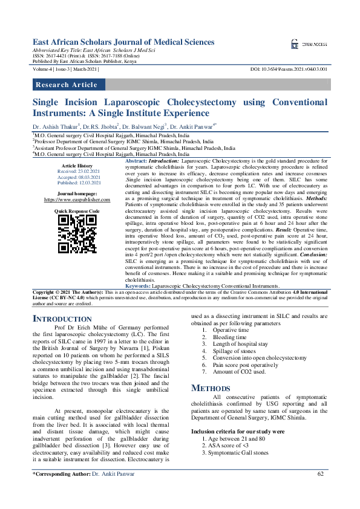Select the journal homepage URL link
pyautogui.click(x=77, y=199)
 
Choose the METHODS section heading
pyautogui.click(x=211, y=387)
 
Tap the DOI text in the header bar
pyautogui.click(x=288, y=70)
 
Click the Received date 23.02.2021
pyautogui.click(x=77, y=171)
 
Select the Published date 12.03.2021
pyautogui.click(x=77, y=182)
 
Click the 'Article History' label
pyautogui.click(x=77, y=166)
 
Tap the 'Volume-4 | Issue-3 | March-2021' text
pyautogui.click(x=67, y=70)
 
